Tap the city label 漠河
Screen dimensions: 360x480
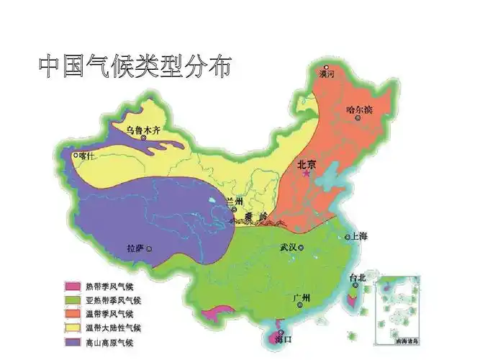(x=327, y=74)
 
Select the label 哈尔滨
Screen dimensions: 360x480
(x=359, y=110)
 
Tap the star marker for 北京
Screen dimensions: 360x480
(x=307, y=174)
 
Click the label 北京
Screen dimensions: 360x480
(x=307, y=164)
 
